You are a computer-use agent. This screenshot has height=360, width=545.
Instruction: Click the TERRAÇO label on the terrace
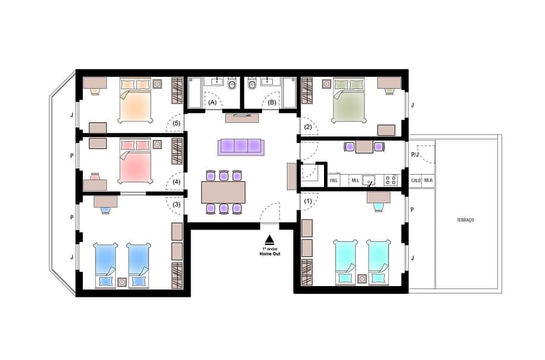(465, 221)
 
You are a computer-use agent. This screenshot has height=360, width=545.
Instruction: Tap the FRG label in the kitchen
(334, 180)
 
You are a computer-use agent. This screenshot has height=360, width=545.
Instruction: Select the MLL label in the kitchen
(355, 180)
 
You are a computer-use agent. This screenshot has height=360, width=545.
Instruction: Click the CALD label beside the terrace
(416, 180)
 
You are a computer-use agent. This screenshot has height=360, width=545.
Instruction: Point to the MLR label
(429, 180)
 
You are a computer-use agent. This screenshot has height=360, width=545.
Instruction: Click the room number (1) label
(308, 201)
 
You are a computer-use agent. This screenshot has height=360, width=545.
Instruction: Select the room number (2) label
(308, 126)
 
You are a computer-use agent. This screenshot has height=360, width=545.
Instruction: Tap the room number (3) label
(176, 204)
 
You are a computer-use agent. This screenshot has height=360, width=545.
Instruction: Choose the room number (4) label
(176, 182)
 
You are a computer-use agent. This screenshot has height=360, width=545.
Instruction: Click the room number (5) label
(176, 124)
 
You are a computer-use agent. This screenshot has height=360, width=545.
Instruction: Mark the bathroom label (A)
(212, 103)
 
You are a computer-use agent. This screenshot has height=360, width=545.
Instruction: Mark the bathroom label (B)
(272, 103)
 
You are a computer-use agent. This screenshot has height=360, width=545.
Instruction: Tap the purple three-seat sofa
(240, 146)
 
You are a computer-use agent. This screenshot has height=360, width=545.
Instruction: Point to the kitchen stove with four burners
(391, 179)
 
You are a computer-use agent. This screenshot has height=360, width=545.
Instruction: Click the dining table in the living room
(223, 192)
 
